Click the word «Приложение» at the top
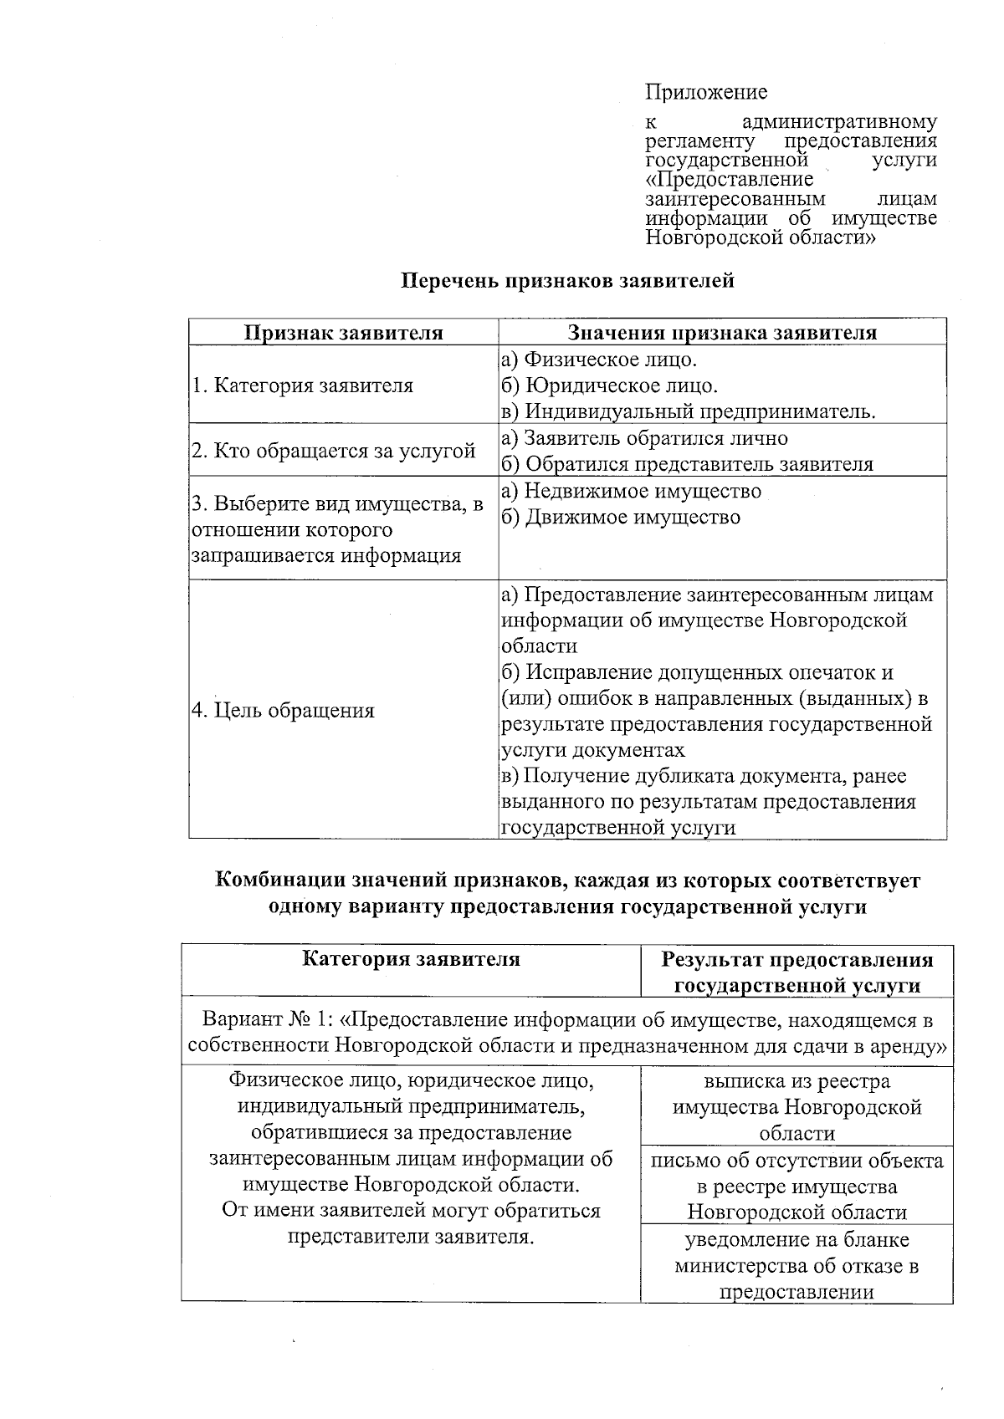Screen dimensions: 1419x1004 pos(706,92)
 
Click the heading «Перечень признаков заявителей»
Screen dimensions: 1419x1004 pos(568,280)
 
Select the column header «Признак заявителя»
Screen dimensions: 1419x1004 pos(343,333)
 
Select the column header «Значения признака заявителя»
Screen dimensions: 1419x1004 pos(722,333)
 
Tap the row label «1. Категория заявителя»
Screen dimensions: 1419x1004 pos(302,385)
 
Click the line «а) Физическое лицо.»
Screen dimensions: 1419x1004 pos(598,360)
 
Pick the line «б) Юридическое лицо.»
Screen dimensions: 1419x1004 pos(608,385)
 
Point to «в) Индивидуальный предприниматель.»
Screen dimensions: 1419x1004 pos(688,411)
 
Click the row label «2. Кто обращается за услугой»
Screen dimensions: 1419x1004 pos(333,451)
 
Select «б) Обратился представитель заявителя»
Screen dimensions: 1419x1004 pos(686,464)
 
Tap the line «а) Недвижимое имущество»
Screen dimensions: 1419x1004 pos(631,491)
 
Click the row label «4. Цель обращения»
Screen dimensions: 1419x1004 pos(283,711)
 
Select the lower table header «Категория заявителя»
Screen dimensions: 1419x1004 pos(411,959)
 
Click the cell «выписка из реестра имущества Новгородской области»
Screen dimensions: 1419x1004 pos(797,1107)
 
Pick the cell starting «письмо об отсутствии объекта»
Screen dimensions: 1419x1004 pos(797,1186)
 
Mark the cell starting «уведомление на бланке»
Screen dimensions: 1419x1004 pos(797,1264)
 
